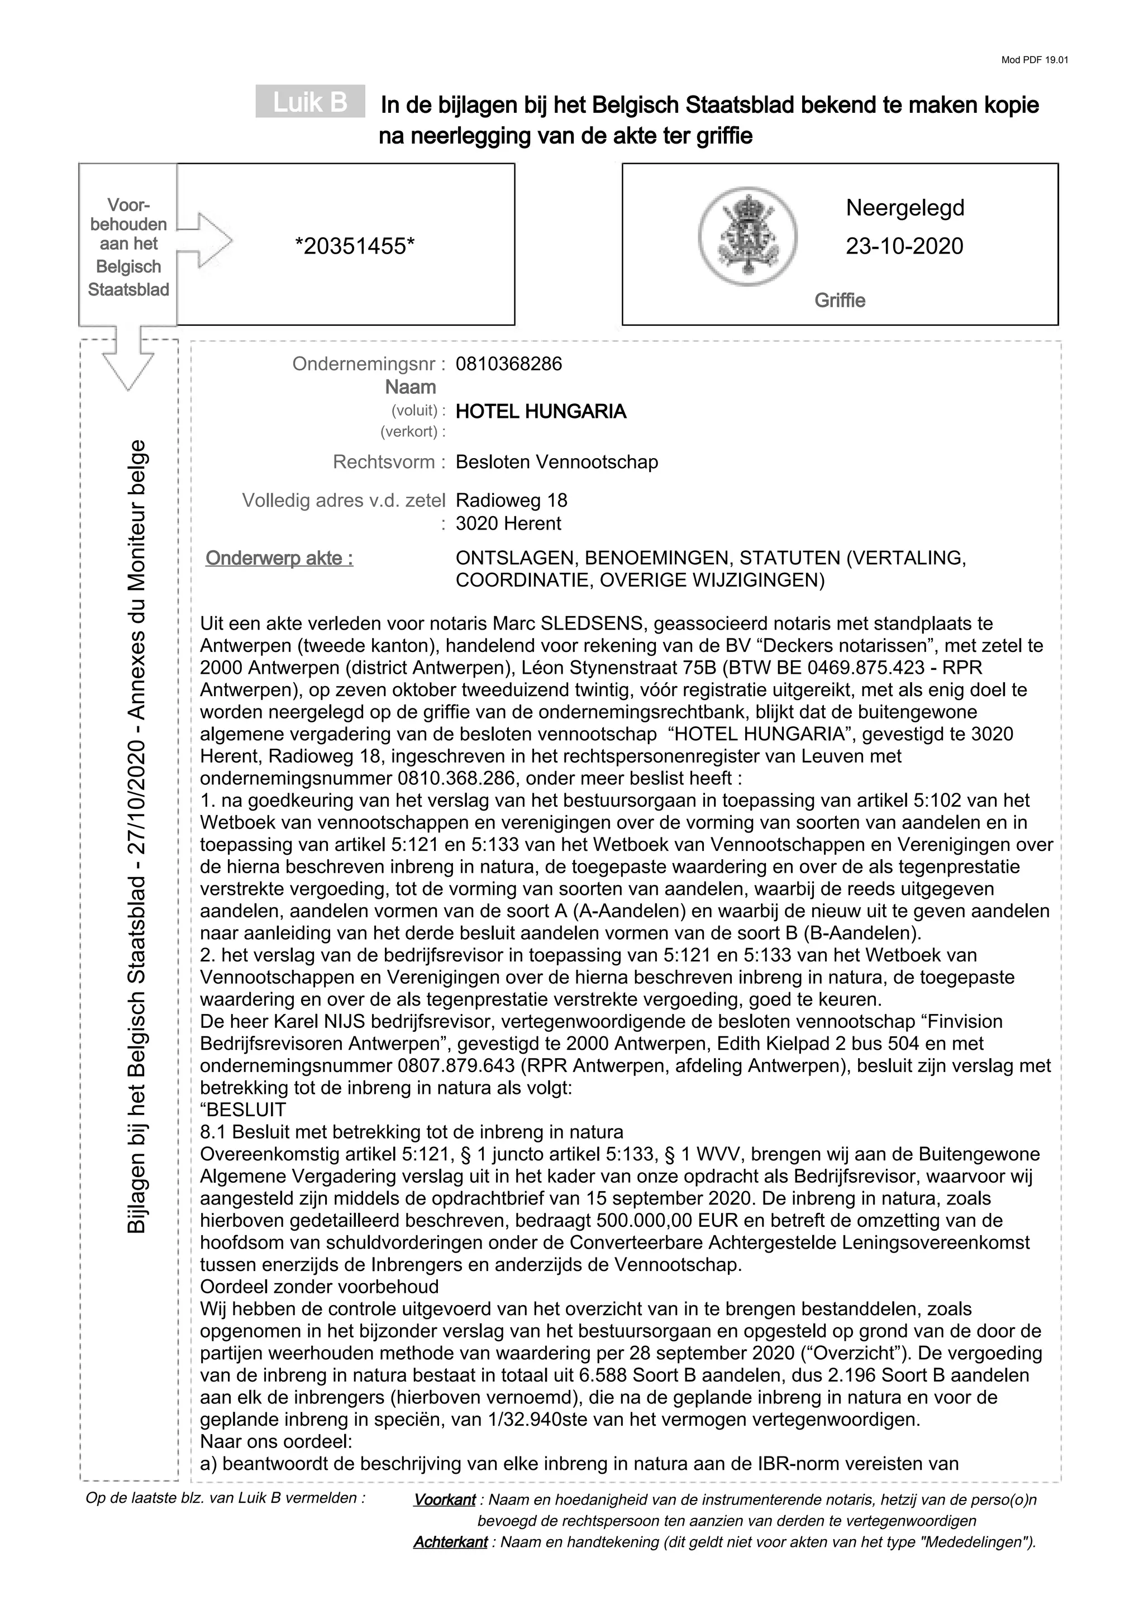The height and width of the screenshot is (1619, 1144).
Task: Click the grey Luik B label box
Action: (310, 102)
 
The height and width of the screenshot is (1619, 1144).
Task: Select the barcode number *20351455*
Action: (355, 246)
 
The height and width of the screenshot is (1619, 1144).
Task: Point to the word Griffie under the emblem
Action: (840, 301)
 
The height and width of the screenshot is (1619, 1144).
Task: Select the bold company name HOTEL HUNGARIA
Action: (541, 412)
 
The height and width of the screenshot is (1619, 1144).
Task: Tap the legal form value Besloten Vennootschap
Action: (557, 462)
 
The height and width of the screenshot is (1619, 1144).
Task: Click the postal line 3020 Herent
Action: (508, 523)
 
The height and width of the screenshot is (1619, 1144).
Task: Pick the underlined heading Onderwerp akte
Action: (279, 559)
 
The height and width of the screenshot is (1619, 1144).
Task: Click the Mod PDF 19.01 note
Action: (1034, 60)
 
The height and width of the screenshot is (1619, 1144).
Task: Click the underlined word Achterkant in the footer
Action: (450, 1542)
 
